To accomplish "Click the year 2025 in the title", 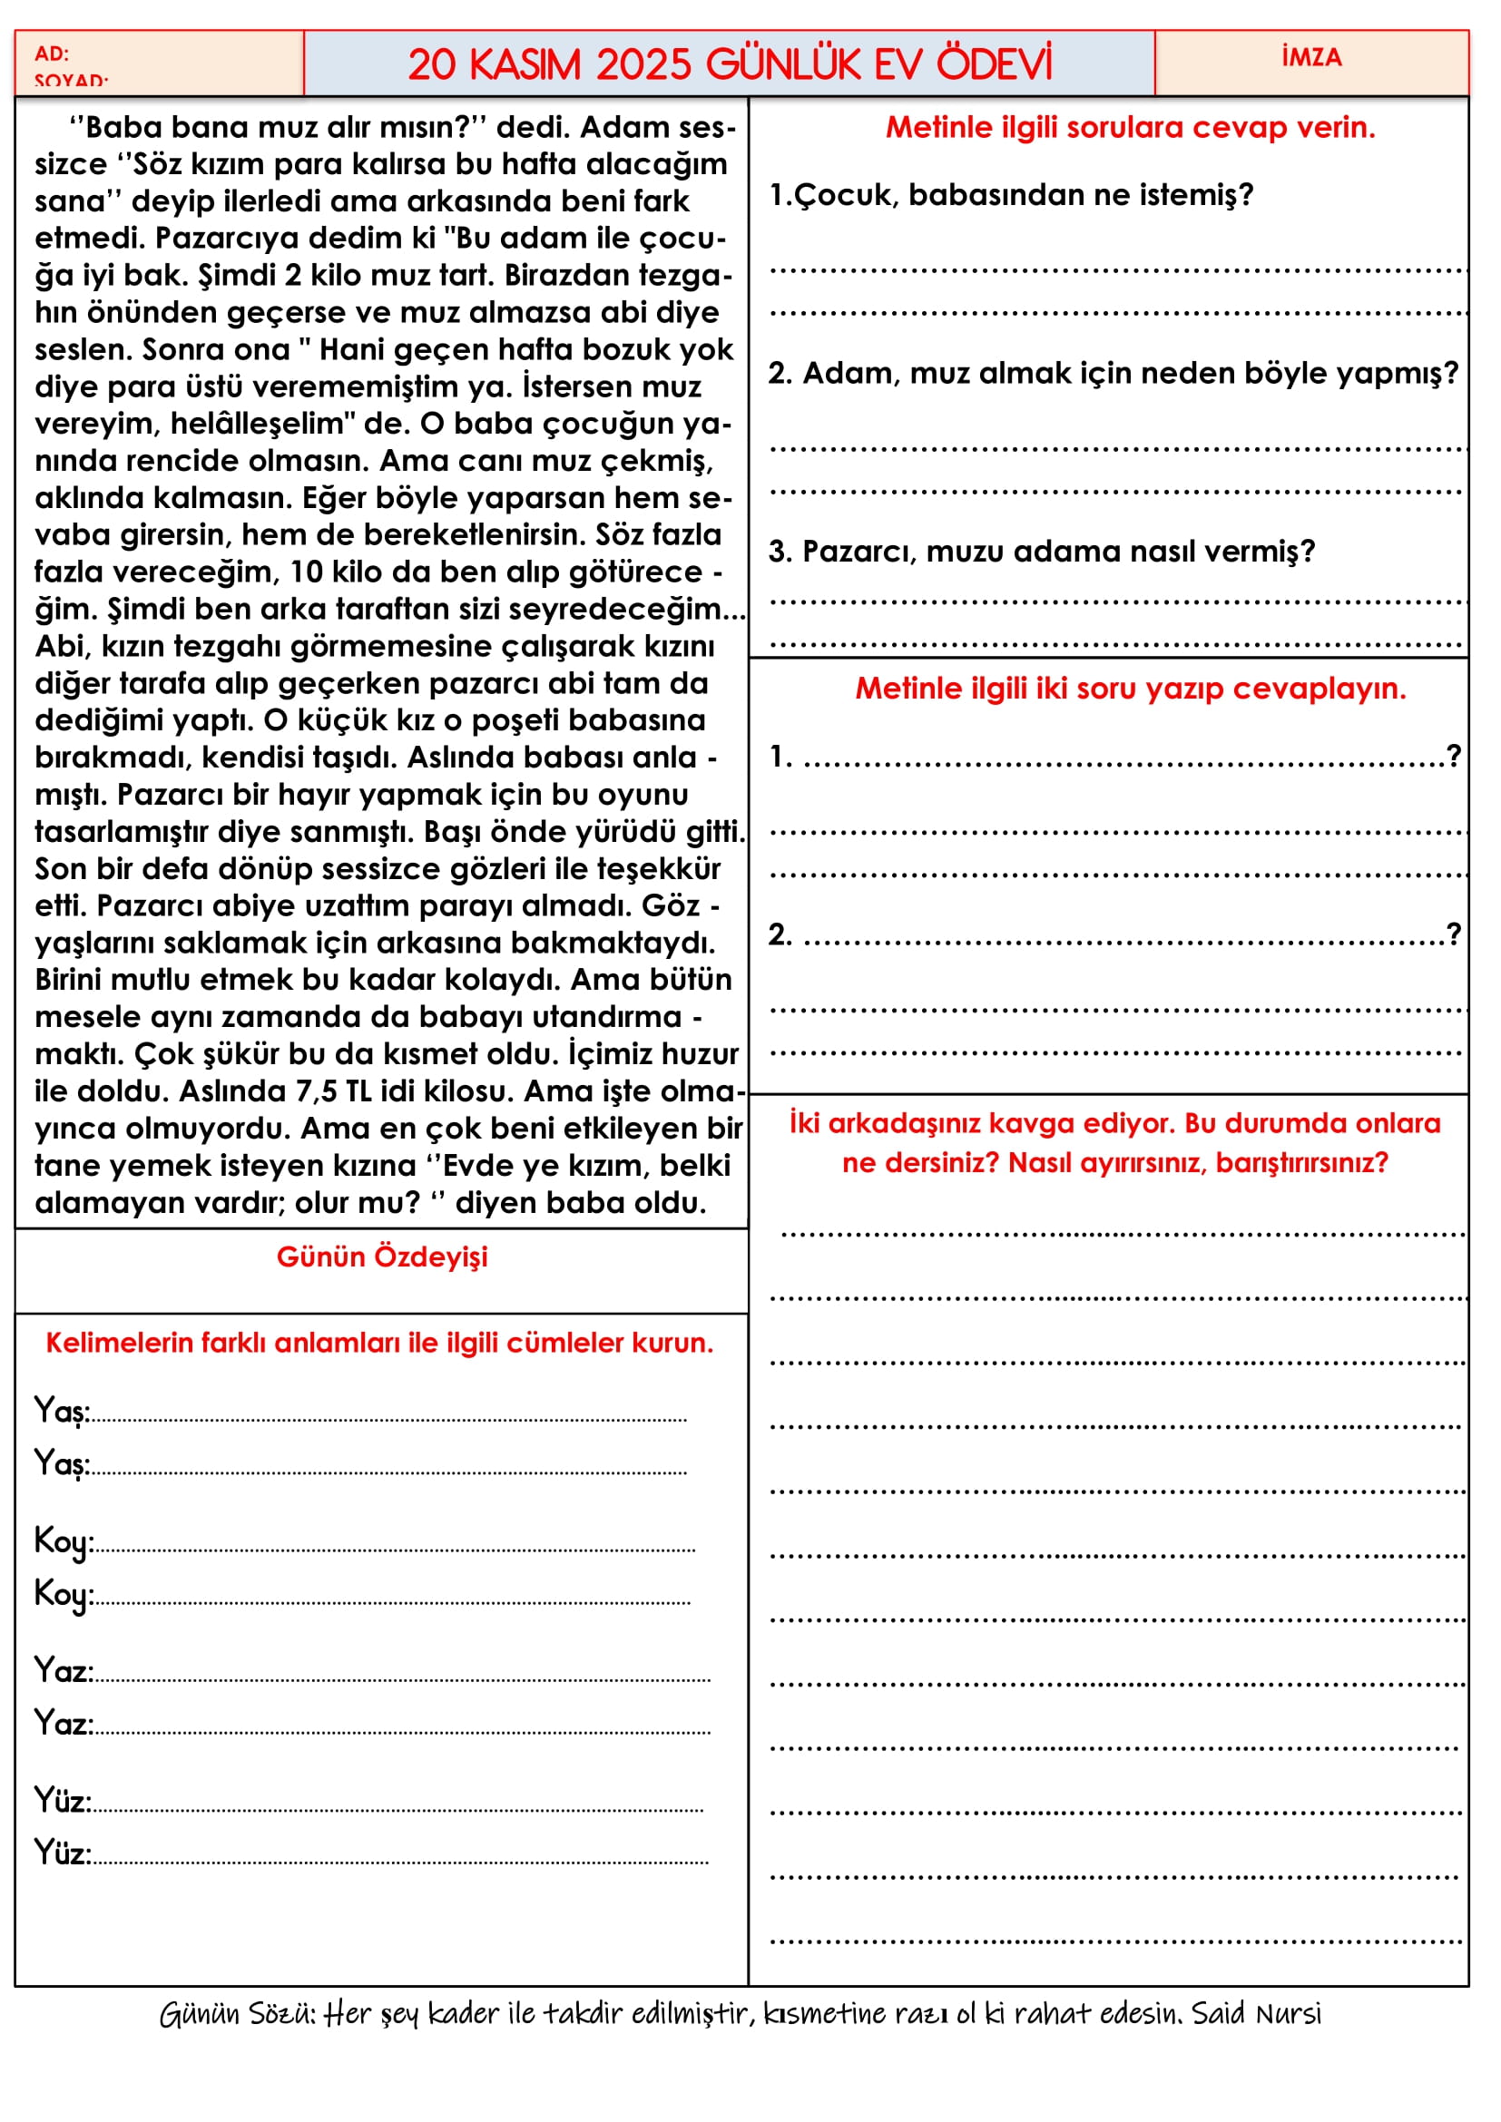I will [643, 64].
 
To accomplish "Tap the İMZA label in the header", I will [1310, 57].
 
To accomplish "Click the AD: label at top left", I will [52, 54].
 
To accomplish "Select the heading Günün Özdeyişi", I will [382, 1256].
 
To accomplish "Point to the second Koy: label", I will [63, 1594].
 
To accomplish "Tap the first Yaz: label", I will [63, 1670].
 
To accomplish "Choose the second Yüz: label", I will [62, 1853].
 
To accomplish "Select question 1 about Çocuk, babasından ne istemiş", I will [1011, 195].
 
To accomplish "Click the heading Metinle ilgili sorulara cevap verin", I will [1130, 127].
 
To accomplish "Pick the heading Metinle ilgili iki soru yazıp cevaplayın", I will [1130, 688].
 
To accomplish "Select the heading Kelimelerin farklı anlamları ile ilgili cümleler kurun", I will [380, 1342].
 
